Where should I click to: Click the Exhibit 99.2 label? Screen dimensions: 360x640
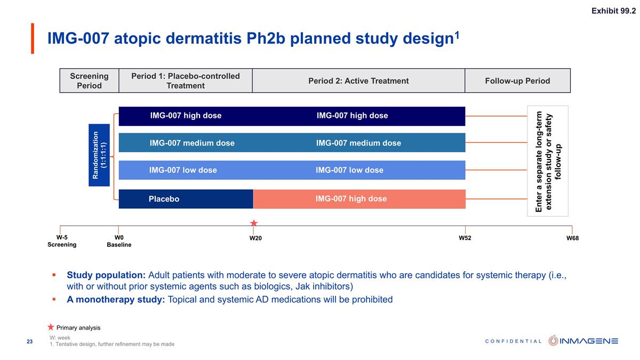[613, 11]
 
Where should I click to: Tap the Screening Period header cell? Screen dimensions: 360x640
[89, 81]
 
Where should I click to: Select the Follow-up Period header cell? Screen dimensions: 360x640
[517, 81]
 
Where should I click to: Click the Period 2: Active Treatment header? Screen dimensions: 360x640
[358, 81]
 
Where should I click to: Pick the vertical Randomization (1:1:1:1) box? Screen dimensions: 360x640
[99, 155]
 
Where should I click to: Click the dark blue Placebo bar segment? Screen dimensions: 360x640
[185, 199]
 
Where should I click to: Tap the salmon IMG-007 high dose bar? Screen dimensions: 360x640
[358, 199]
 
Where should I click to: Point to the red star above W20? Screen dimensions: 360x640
[254, 223]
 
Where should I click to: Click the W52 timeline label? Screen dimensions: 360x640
[465, 238]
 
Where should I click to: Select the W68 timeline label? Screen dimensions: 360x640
[572, 238]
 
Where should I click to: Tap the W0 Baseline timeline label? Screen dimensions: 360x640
[119, 241]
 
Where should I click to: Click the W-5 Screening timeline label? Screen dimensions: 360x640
[62, 241]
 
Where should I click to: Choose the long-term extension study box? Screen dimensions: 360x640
[548, 161]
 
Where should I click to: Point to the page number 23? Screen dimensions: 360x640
[30, 342]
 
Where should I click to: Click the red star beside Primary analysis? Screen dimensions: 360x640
[51, 327]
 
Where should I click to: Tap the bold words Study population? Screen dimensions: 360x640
[106, 275]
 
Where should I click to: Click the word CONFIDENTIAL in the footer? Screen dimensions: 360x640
[513, 341]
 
